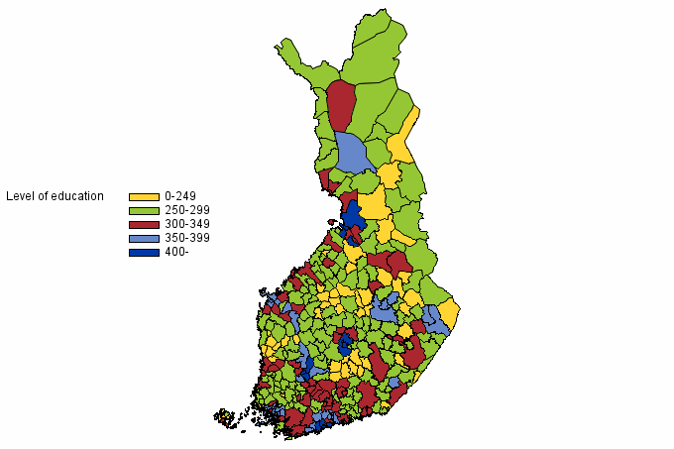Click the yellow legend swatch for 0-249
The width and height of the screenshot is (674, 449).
[144, 196]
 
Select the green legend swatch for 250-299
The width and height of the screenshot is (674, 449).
[144, 210]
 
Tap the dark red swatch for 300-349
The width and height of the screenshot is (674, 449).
[144, 224]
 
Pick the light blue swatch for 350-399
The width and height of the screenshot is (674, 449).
[144, 238]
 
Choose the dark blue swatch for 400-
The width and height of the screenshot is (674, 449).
[144, 252]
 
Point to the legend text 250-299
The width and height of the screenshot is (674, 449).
[187, 210]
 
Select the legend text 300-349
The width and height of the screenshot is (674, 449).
[187, 224]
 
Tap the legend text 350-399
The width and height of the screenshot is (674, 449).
[187, 238]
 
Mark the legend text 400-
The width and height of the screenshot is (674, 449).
[176, 252]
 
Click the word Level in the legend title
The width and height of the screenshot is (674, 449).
[21, 196]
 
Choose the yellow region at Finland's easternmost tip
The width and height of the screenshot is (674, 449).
[449, 315]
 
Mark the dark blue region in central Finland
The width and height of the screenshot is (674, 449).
[345, 343]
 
